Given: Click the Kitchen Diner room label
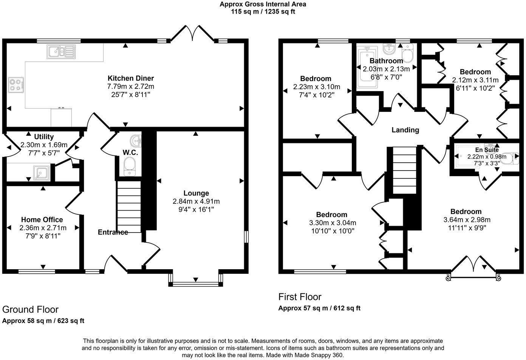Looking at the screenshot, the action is tap(131, 78).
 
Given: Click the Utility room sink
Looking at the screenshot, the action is tap(40, 172).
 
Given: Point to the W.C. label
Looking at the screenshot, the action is tap(130, 153).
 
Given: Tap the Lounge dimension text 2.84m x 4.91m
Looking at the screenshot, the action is tap(196, 201).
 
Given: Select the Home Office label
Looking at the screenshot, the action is tap(42, 220).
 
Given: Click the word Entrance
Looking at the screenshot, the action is tap(113, 232).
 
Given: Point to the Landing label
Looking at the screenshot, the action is tap(405, 130).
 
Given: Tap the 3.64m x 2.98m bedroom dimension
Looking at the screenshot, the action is tap(467, 220).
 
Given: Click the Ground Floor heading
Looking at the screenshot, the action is tap(30, 309).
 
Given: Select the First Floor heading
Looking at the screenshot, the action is tap(300, 297).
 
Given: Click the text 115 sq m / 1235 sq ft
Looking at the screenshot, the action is tap(263, 12).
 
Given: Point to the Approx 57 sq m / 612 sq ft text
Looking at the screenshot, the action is tap(319, 308).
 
